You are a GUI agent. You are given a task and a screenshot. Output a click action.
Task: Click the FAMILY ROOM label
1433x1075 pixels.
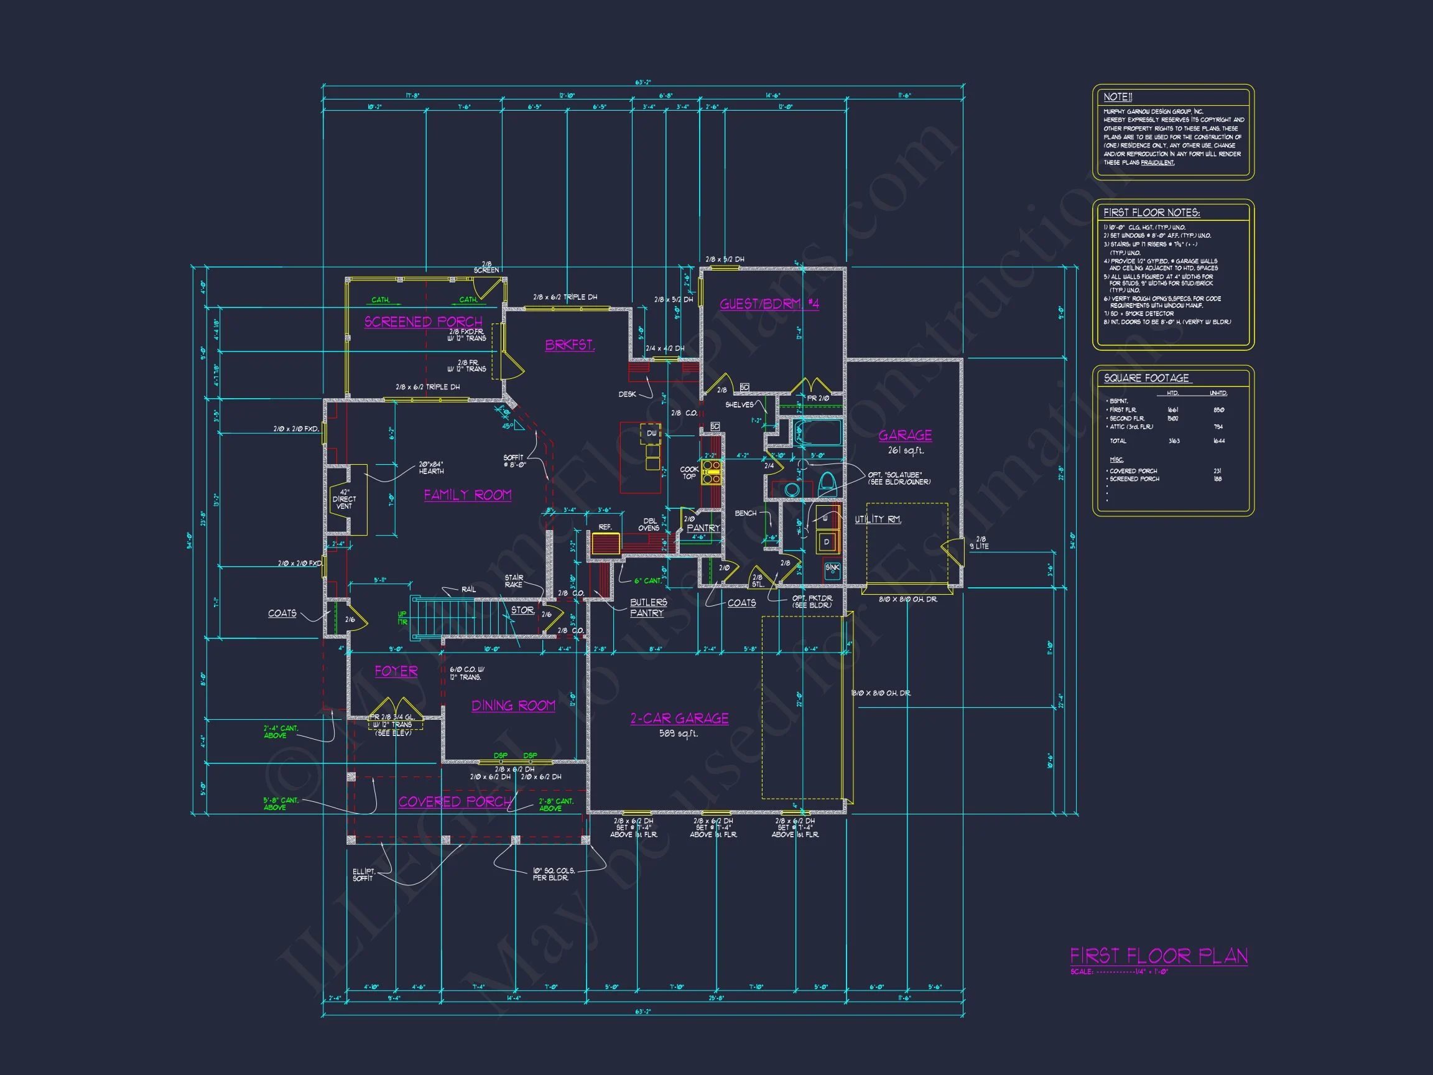pos(467,495)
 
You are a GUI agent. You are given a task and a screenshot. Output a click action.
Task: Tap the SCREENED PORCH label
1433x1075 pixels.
pos(423,322)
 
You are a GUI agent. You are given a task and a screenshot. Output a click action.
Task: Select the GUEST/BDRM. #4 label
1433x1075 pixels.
pos(769,304)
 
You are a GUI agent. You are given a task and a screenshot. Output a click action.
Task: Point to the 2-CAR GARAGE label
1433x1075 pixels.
pos(679,718)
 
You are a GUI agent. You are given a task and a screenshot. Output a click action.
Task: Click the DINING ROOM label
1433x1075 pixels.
pos(513,705)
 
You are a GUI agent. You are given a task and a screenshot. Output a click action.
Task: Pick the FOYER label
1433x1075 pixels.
pos(396,671)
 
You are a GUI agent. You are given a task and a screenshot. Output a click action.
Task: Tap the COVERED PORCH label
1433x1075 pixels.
pos(455,801)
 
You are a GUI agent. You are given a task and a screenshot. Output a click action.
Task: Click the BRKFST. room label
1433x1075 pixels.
pos(570,345)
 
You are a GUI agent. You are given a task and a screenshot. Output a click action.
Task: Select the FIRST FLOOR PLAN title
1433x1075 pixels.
pos(1158,956)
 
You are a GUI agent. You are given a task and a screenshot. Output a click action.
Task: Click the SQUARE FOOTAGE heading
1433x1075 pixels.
pos(1146,378)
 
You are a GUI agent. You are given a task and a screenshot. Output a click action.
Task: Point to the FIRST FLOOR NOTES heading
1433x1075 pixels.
pos(1151,213)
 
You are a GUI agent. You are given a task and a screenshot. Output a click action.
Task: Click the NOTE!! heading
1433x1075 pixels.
pos(1118,97)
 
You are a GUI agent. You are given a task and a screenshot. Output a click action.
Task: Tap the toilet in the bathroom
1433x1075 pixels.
pos(827,483)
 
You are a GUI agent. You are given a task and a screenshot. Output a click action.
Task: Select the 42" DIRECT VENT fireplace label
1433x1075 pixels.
pos(344,499)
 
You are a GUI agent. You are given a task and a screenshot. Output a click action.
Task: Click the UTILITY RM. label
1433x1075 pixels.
pos(878,519)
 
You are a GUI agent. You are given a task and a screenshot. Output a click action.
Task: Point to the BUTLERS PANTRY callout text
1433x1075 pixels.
pos(647,607)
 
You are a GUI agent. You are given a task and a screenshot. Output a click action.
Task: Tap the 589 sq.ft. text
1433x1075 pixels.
pos(679,733)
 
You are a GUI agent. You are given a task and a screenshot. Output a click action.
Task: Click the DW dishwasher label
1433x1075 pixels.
pos(651,434)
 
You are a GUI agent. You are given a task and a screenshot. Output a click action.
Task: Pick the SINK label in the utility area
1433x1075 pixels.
pos(832,567)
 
